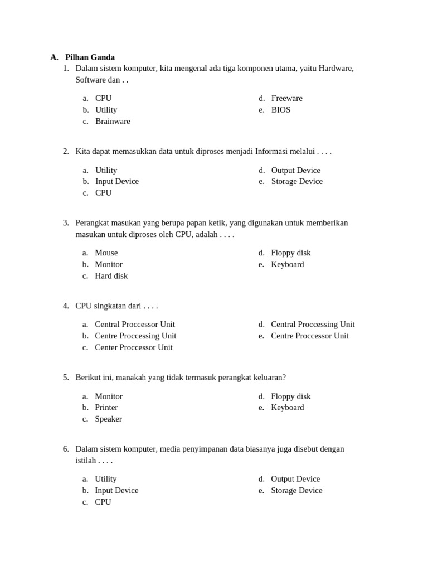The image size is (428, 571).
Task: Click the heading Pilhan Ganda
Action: click(x=90, y=57)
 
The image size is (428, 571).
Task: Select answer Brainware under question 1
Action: click(x=113, y=121)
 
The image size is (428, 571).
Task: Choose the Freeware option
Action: click(x=286, y=98)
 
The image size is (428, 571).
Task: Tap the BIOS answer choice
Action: click(x=281, y=110)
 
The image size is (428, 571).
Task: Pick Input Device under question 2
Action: click(x=117, y=181)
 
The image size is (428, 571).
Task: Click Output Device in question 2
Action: click(x=296, y=170)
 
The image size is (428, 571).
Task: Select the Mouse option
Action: click(x=106, y=253)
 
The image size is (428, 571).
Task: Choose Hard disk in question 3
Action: click(x=111, y=275)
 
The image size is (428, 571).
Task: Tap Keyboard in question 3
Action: click(x=288, y=264)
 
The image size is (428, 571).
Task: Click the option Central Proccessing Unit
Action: click(x=313, y=324)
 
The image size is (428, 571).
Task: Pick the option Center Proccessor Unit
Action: click(x=134, y=347)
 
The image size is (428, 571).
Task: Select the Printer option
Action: click(x=106, y=407)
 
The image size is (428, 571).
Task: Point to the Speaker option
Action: click(x=108, y=419)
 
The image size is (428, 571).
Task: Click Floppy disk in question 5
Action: click(x=291, y=396)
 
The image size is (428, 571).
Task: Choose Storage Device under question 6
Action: click(x=296, y=490)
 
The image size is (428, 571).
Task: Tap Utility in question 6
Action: click(x=106, y=478)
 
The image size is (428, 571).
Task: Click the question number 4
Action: click(x=66, y=306)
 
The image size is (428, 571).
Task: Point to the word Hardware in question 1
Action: click(x=334, y=68)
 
